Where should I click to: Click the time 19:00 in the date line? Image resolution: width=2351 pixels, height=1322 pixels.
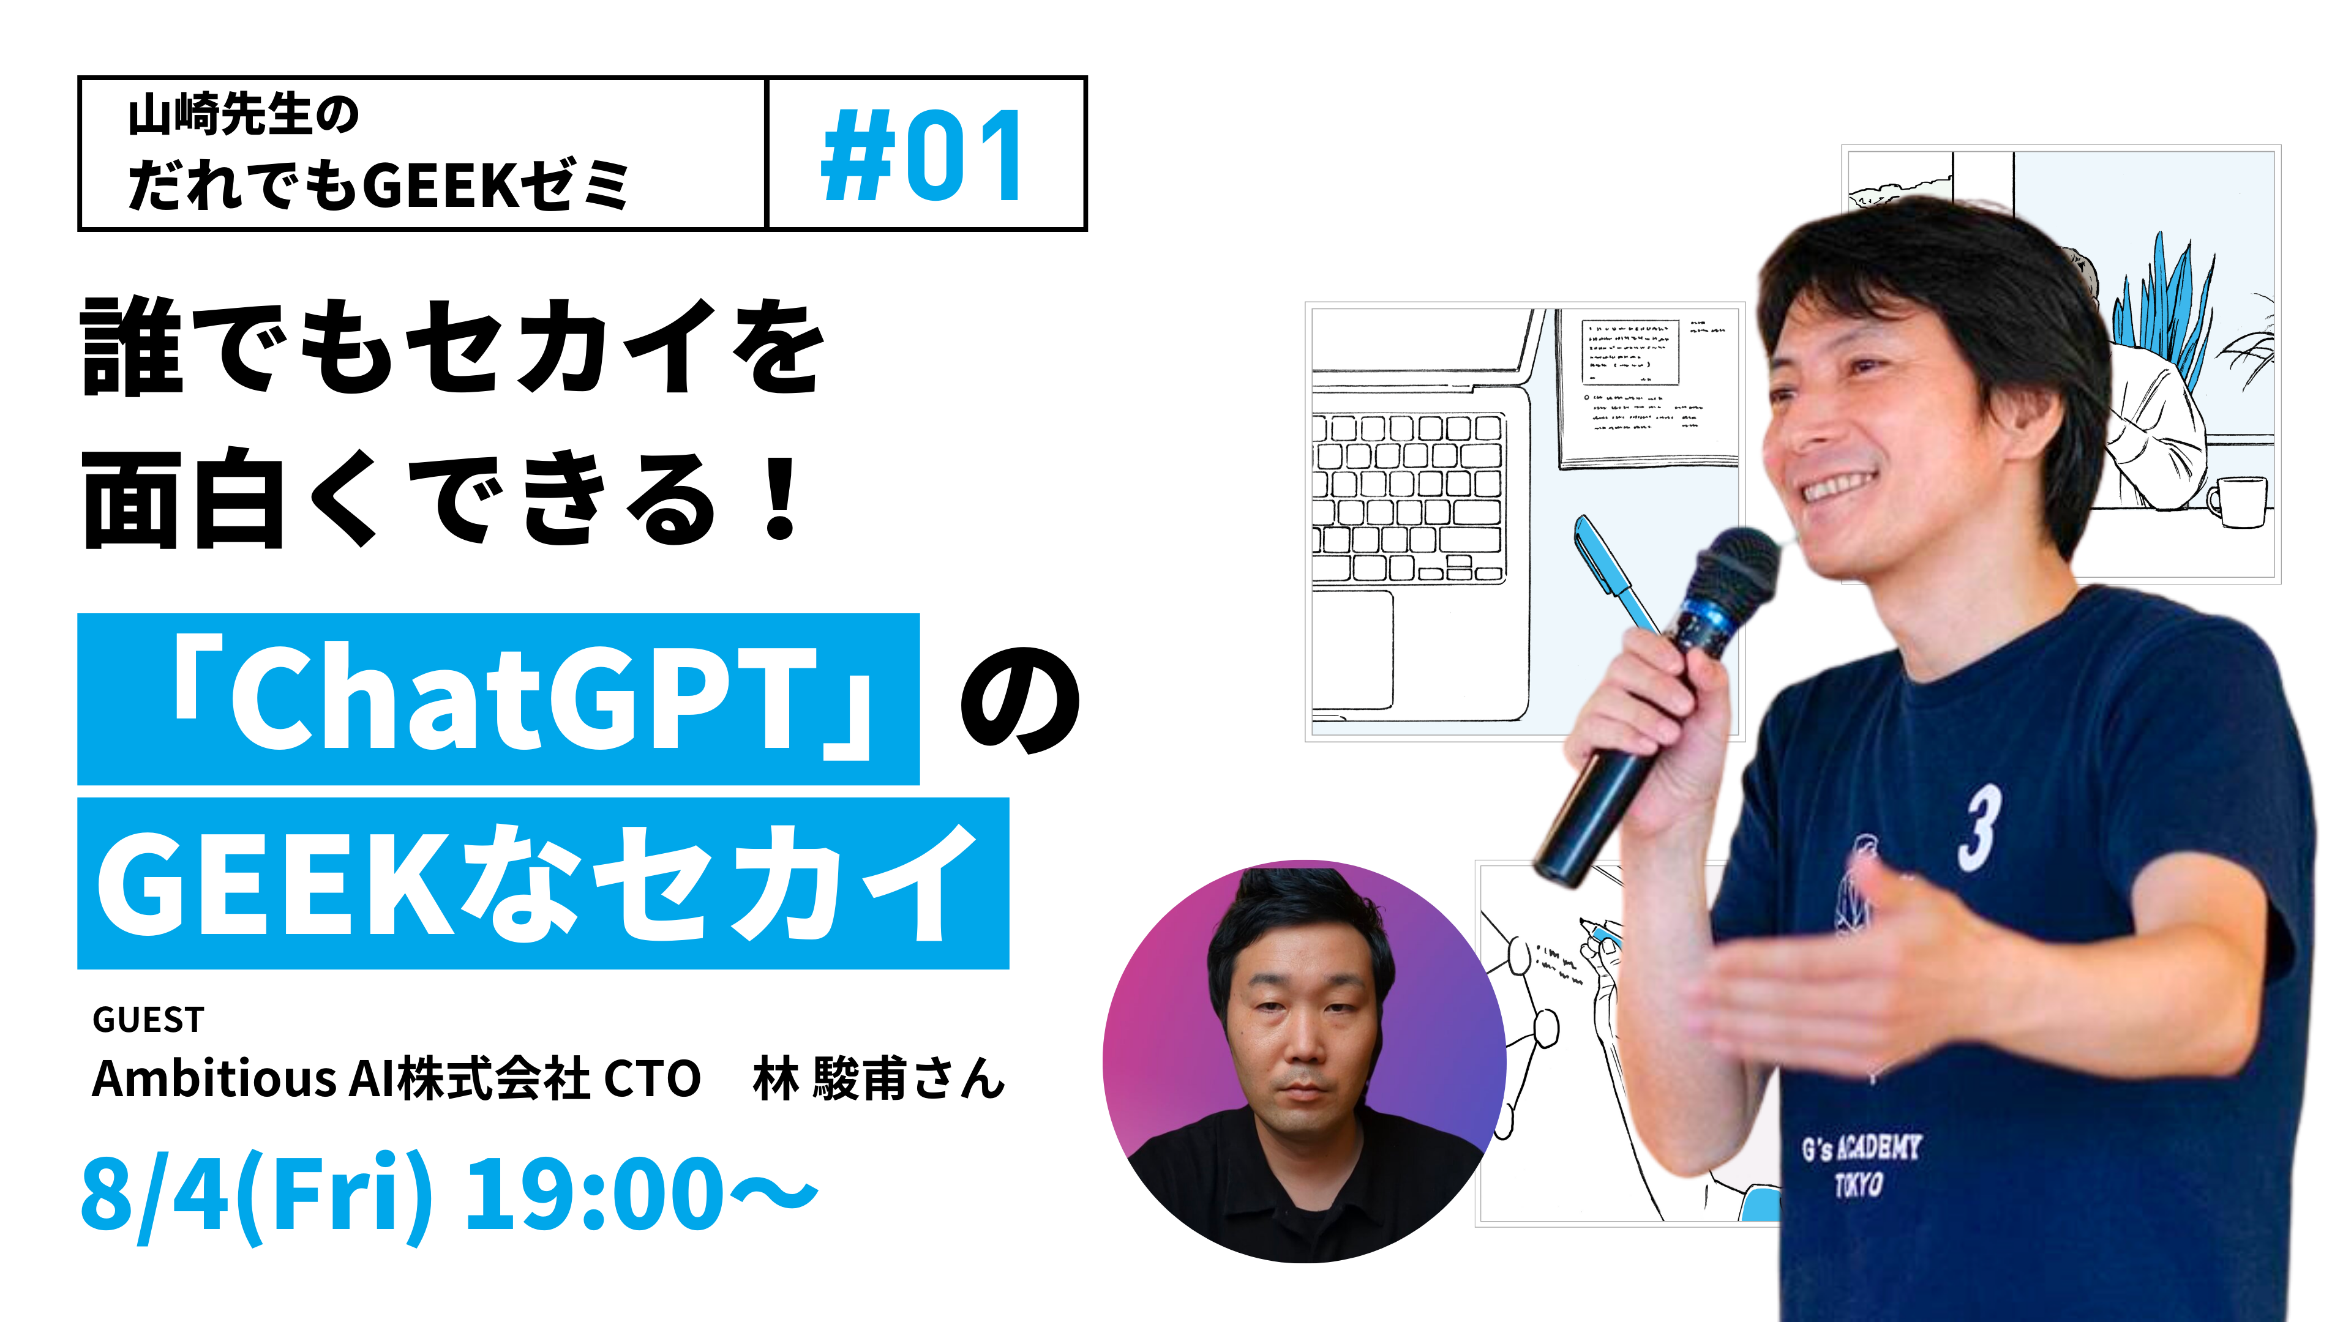tap(594, 1193)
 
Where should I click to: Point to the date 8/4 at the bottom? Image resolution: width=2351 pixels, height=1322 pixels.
tap(154, 1193)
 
